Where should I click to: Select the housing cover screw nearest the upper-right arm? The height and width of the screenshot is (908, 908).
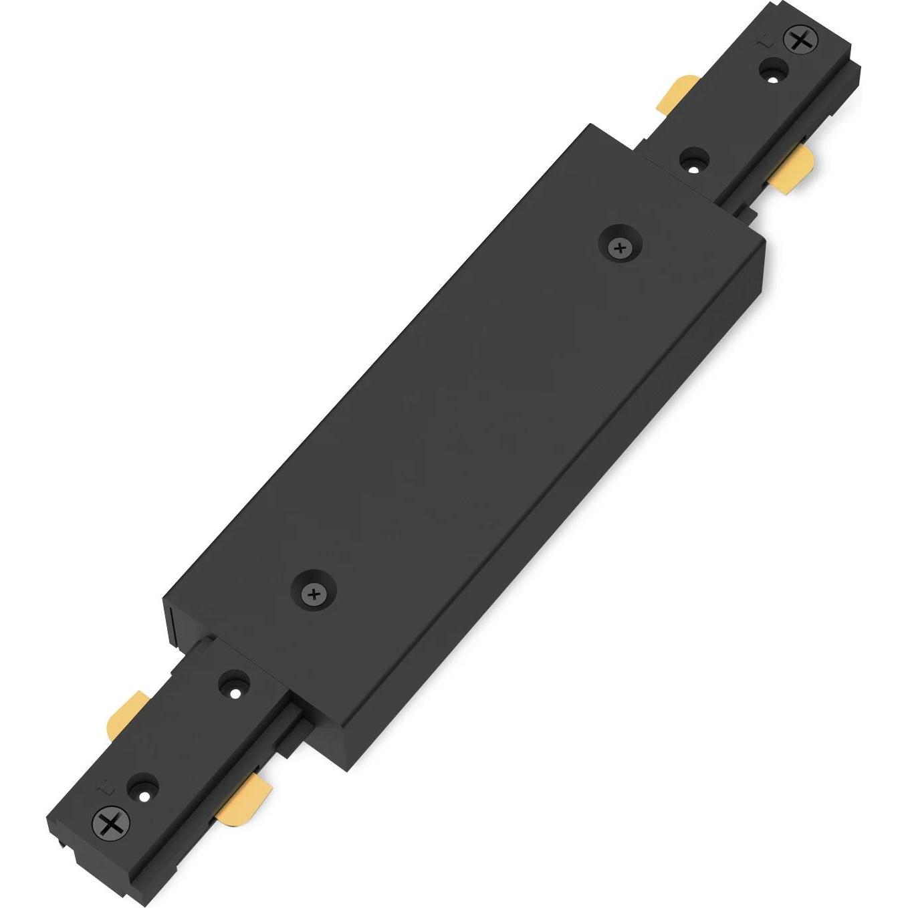(x=620, y=248)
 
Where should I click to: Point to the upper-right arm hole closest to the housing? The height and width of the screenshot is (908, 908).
(x=694, y=161)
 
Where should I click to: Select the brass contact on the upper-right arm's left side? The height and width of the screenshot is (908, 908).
(x=677, y=94)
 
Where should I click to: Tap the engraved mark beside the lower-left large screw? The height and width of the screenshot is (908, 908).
(x=102, y=788)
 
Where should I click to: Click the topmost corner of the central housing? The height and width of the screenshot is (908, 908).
(x=590, y=125)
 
